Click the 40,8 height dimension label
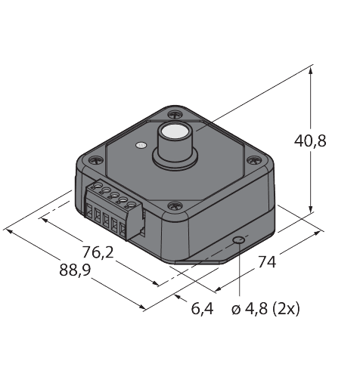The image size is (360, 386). click(x=310, y=141)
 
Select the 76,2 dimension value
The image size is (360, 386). click(x=98, y=252)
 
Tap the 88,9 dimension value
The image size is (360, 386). click(x=75, y=270)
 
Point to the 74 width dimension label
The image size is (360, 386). click(x=267, y=262)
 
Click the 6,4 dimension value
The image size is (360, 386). click(x=203, y=308)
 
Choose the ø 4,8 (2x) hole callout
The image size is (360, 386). click(x=265, y=308)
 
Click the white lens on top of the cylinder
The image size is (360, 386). click(x=173, y=131)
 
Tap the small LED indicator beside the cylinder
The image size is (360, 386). click(x=141, y=145)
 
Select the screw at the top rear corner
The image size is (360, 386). click(x=175, y=115)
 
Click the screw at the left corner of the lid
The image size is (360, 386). click(x=96, y=160)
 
